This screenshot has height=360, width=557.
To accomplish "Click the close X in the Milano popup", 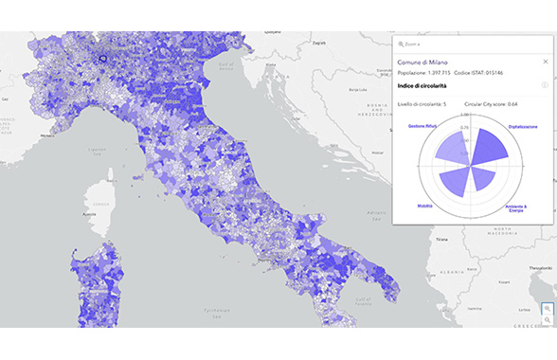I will [545, 61].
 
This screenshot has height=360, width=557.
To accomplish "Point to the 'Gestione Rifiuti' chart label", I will [423, 126].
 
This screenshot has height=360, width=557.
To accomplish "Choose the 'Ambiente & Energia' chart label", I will [517, 207].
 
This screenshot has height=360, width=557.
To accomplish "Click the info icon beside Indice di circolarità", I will [545, 85].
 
